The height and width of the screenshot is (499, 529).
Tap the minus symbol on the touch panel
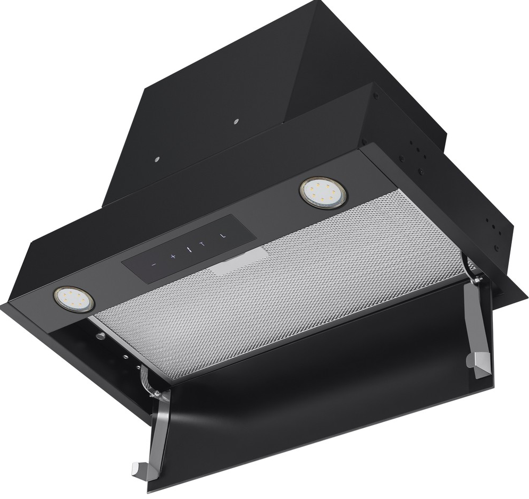[x=153, y=263]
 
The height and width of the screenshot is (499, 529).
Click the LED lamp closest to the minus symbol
[x=73, y=299]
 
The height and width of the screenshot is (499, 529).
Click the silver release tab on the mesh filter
[x=239, y=260]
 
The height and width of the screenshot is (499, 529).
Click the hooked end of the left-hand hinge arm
[x=140, y=471]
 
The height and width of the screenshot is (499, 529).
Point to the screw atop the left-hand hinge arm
[x=155, y=393]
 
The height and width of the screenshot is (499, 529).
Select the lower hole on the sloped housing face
[x=157, y=159]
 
